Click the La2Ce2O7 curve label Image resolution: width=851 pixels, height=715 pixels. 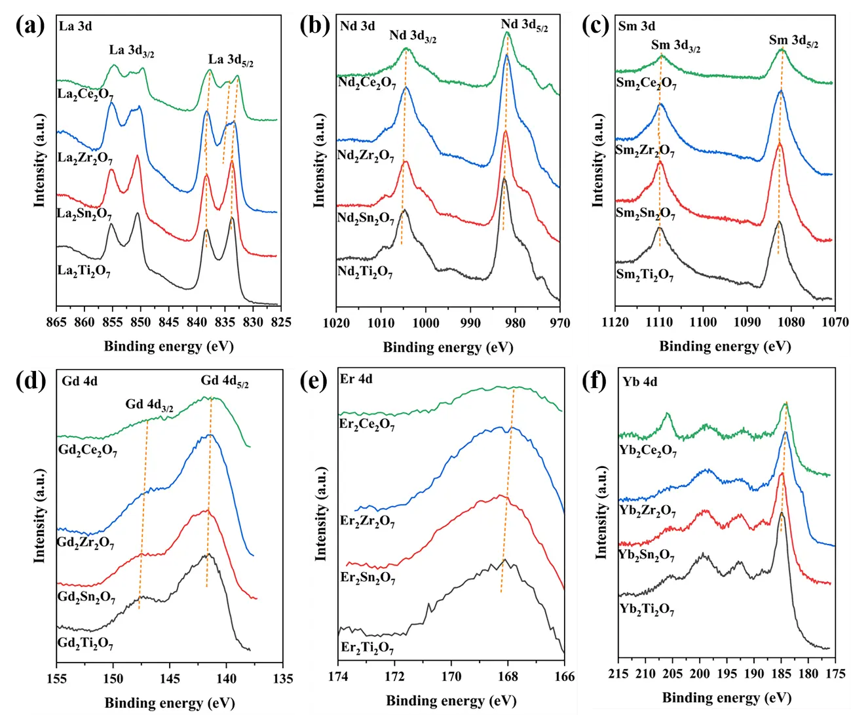[x=85, y=94]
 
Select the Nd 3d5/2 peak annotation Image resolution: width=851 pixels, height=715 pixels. [x=524, y=26]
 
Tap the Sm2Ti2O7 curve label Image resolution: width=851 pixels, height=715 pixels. [x=645, y=275]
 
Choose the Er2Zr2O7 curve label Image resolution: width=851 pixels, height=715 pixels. [x=367, y=522]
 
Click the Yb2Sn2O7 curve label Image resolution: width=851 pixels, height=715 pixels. [x=647, y=556]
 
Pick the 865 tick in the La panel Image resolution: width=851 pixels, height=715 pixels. [x=57, y=322]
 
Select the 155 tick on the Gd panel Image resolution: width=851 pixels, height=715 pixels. [x=57, y=678]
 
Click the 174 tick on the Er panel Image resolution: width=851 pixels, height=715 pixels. [x=339, y=677]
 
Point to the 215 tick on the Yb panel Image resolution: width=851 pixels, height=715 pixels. [x=618, y=674]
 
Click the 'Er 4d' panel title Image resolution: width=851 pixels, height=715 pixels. [x=356, y=379]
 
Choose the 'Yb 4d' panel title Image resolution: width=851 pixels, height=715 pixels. [x=640, y=382]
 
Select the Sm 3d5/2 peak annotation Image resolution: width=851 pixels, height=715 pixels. [x=793, y=41]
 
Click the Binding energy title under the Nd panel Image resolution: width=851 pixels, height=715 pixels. [x=448, y=347]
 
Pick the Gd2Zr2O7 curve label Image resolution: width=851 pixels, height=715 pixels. [x=85, y=543]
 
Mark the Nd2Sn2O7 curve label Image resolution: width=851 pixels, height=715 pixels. [x=366, y=218]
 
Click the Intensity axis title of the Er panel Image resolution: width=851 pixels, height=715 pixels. [x=321, y=514]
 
